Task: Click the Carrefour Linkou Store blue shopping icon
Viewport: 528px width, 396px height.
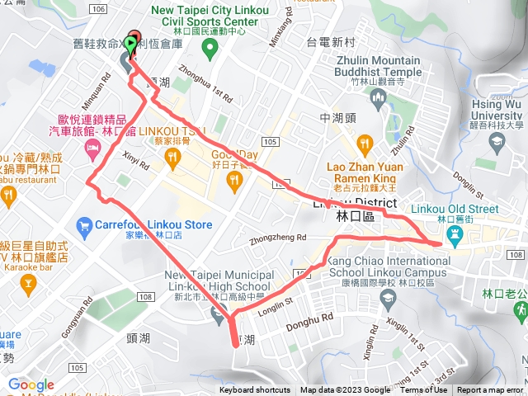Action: pyautogui.click(x=82, y=224)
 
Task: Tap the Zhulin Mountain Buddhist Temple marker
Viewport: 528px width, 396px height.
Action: pyautogui.click(x=379, y=100)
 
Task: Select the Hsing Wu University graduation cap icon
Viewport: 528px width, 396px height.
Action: pyautogui.click(x=496, y=142)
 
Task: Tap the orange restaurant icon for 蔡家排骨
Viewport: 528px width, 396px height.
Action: pyautogui.click(x=172, y=160)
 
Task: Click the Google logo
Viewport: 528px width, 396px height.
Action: pyautogui.click(x=31, y=385)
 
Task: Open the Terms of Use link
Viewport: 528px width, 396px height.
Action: pyautogui.click(x=424, y=390)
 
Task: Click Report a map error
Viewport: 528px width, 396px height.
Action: pyautogui.click(x=492, y=390)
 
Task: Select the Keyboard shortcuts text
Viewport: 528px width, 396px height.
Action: pyautogui.click(x=255, y=390)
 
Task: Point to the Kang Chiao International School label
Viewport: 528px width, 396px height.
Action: pyautogui.click(x=387, y=261)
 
